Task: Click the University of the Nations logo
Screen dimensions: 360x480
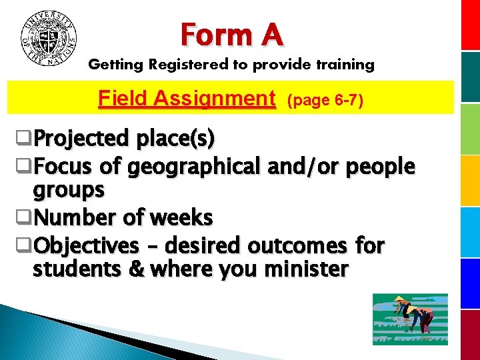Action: pyautogui.click(x=49, y=37)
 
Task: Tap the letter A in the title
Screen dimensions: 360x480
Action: pyautogui.click(x=271, y=34)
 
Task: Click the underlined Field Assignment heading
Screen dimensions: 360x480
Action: pyautogui.click(x=187, y=99)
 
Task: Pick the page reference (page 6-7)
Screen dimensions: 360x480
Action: pyautogui.click(x=325, y=100)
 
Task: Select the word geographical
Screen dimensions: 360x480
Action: pyautogui.click(x=196, y=166)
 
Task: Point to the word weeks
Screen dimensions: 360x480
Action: pyautogui.click(x=181, y=217)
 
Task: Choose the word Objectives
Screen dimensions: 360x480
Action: pyautogui.click(x=86, y=245)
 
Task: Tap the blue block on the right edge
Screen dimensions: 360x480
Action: pyautogui.click(x=471, y=280)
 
